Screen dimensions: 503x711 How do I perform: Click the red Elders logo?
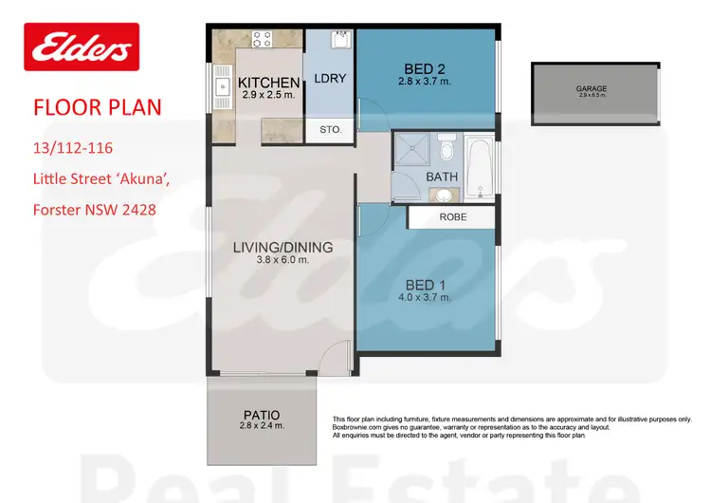coord(81,48)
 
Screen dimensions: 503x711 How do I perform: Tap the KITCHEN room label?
coord(268,83)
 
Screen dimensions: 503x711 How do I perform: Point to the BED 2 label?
coord(425,69)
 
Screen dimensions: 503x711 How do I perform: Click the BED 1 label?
coord(425,285)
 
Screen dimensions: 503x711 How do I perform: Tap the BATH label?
coord(441,177)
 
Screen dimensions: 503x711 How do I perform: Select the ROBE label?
coord(451,217)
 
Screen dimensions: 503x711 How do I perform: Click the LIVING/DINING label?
coord(283,248)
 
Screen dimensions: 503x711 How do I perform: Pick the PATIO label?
coord(261,415)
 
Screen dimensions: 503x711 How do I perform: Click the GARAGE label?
coord(591,89)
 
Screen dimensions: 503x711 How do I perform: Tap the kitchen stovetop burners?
coord(262,41)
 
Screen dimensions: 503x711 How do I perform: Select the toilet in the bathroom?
coord(447,151)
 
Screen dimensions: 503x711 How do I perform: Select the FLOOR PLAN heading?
coord(97,105)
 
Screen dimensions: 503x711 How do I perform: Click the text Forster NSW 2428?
coord(94,210)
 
